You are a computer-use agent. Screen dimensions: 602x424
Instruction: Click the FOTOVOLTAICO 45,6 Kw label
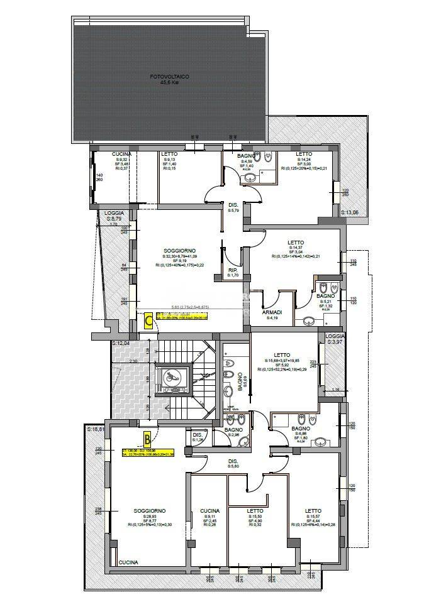(170, 79)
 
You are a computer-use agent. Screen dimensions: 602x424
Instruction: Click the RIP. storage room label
(233, 270)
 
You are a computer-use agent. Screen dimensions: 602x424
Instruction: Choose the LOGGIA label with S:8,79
(114, 213)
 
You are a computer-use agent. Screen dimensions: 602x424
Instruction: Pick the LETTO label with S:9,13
(169, 154)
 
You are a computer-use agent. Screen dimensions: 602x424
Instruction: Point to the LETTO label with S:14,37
(296, 243)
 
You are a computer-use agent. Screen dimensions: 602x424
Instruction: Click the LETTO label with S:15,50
(255, 511)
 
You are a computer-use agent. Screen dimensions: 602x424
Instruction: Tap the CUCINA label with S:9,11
(209, 510)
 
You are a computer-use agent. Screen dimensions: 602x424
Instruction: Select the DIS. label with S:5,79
(233, 205)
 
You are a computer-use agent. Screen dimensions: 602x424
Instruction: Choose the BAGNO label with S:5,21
(325, 295)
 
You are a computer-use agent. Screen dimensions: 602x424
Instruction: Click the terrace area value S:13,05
(349, 212)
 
